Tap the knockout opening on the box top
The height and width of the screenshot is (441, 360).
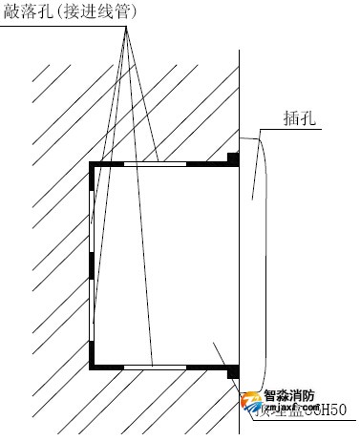(x=156, y=163)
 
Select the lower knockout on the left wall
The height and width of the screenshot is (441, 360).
(x=92, y=305)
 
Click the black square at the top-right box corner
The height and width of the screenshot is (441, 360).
(x=231, y=157)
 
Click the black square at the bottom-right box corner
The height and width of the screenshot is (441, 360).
(x=231, y=371)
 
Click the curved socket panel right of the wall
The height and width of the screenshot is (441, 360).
(x=252, y=258)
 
